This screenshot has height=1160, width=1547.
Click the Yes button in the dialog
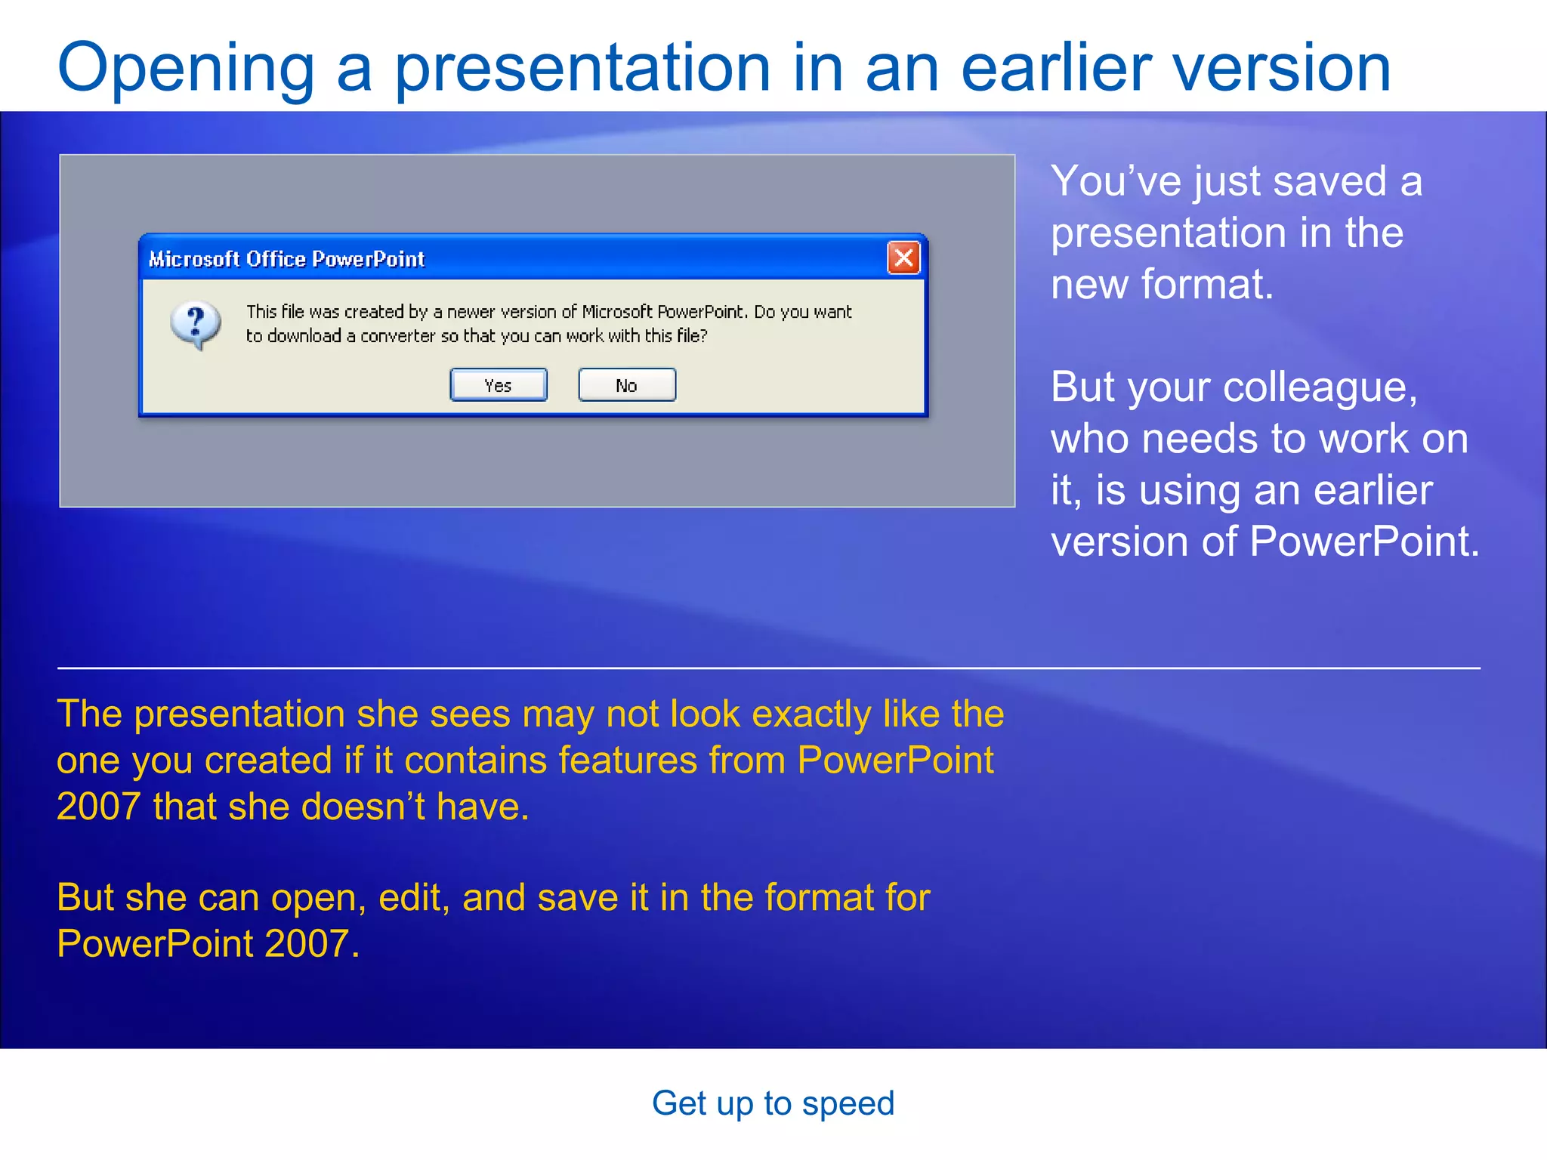[x=499, y=385]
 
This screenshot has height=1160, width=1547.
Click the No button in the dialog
[x=627, y=385]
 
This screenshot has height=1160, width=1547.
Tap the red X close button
[x=903, y=258]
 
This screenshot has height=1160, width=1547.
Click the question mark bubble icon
[x=196, y=325]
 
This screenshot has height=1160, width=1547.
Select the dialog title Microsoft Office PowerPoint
[x=286, y=259]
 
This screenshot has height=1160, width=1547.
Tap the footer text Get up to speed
[x=773, y=1103]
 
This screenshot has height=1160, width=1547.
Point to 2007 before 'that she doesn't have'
[x=98, y=807]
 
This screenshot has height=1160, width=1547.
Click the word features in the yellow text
[x=627, y=760]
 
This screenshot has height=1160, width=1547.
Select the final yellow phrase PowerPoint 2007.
[x=208, y=944]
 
